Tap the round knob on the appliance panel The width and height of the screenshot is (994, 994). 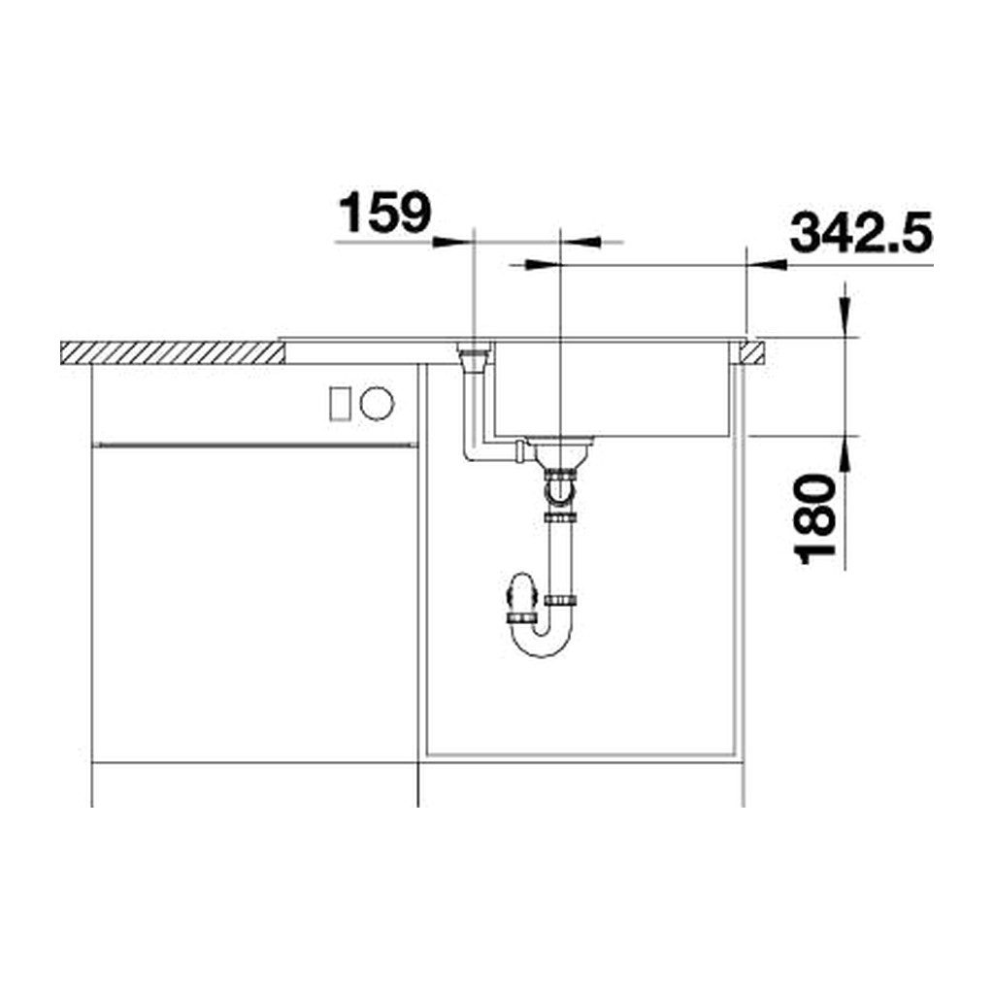[x=378, y=403]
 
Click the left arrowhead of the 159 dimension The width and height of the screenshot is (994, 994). [x=453, y=242]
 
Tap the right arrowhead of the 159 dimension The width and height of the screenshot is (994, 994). [x=581, y=242]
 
